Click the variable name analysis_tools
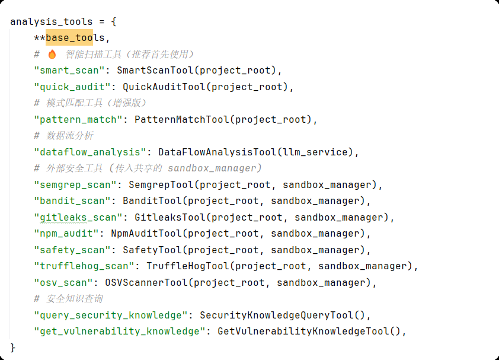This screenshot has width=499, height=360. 51,22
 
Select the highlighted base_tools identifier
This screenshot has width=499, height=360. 75,38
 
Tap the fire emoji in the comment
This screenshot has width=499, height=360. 52,55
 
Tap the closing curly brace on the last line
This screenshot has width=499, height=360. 13,347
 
